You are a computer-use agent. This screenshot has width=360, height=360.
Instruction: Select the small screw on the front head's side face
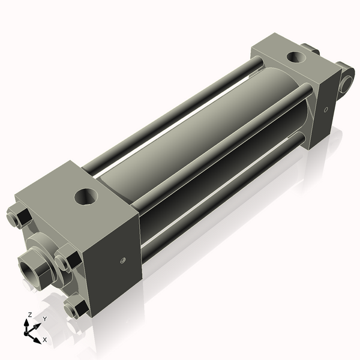coord(122,260)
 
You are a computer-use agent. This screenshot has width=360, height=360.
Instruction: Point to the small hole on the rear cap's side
coord(326,110)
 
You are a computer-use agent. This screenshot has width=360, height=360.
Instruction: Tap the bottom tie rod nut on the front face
coord(74,308)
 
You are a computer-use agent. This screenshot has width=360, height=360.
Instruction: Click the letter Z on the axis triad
coord(30,314)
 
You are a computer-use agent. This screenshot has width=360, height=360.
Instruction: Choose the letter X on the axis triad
coord(45,340)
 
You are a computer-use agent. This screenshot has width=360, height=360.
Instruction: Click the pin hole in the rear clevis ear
coord(346,83)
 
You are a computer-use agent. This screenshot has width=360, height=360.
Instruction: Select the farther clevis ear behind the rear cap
coord(310,49)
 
